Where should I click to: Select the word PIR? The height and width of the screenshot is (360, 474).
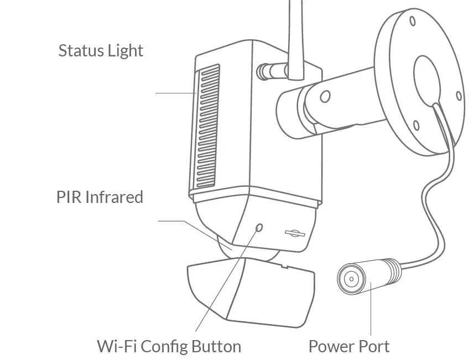click(x=69, y=197)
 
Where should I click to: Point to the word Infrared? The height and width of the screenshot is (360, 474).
click(x=113, y=197)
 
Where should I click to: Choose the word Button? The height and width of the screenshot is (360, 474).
click(x=216, y=347)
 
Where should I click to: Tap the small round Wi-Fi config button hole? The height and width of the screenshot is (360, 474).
click(x=259, y=227)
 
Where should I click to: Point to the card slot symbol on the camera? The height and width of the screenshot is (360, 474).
click(x=295, y=233)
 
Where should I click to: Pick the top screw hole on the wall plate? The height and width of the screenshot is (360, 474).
click(x=413, y=22)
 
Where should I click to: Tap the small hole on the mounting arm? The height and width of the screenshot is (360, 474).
click(x=325, y=97)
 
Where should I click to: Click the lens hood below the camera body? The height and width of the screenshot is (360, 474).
click(x=249, y=290)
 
